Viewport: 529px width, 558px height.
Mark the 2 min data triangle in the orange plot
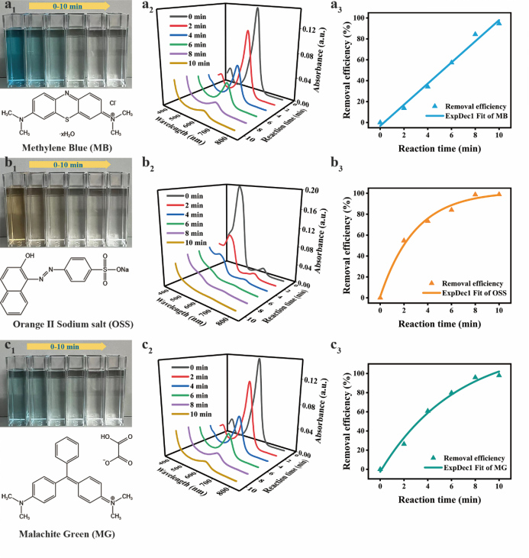[x=404, y=240]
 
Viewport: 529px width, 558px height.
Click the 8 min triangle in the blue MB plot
[x=475, y=34]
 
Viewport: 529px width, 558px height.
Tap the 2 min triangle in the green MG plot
[x=404, y=443]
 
